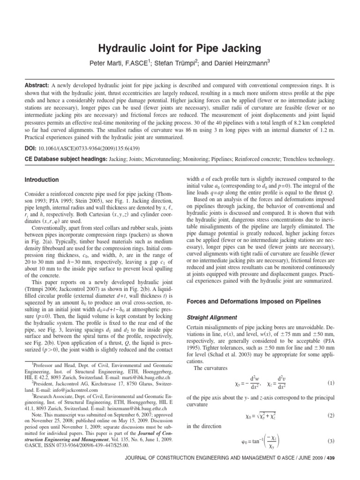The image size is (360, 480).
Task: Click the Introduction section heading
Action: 42,180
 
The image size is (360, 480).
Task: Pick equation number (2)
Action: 330,415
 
